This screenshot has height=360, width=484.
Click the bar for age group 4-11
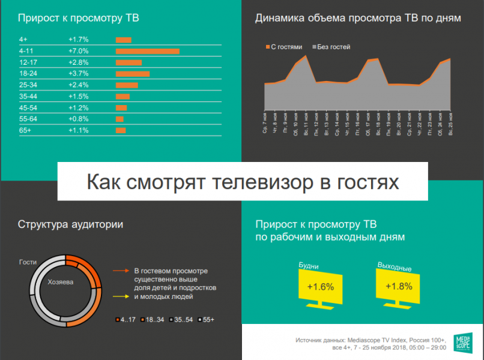tap(147, 51)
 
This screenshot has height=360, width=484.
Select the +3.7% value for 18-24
tap(79, 74)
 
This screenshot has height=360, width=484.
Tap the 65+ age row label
tap(25, 130)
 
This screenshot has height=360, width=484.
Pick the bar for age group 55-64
tap(119, 119)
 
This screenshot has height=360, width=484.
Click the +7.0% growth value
tap(79, 51)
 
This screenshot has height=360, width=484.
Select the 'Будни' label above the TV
tap(309, 265)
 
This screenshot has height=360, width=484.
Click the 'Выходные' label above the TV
tap(394, 265)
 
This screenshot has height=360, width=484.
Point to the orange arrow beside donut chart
tap(122, 271)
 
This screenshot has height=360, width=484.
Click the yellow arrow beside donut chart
tap(122, 296)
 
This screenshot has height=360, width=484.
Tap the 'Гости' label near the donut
tap(28, 262)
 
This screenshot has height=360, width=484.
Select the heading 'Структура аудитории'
tap(71, 225)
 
